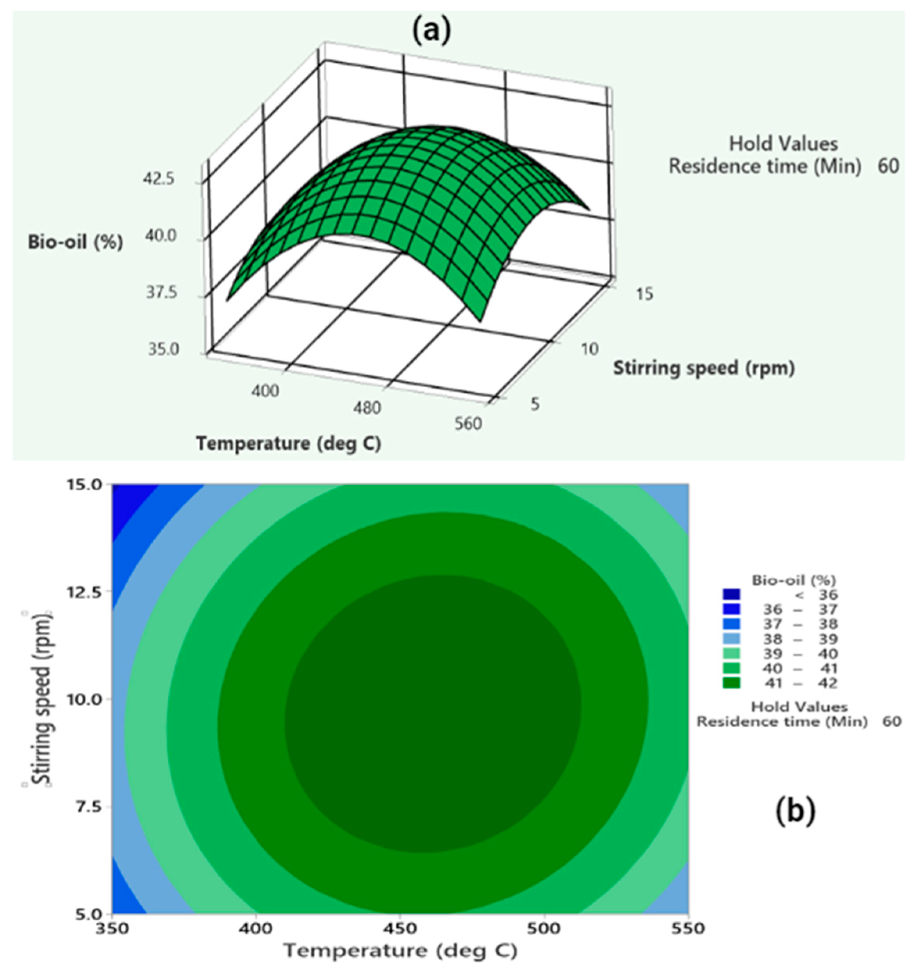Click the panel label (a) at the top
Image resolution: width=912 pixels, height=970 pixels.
point(432,30)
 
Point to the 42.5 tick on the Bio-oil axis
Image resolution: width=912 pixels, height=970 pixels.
point(159,179)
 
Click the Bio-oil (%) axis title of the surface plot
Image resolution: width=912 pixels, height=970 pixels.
point(76,243)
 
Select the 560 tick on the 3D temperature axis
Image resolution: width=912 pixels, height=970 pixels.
point(468,423)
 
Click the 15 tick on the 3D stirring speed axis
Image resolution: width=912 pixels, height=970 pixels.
point(644,294)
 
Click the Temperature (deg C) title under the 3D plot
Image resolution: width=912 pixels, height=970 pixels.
point(288,443)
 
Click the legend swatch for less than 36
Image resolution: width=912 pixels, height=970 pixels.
point(732,594)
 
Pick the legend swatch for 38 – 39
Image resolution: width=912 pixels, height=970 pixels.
point(732,639)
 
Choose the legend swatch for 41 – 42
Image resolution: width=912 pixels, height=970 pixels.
point(732,682)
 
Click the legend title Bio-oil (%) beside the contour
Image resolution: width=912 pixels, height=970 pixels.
point(794,580)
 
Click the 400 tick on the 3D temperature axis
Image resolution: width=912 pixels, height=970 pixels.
point(266,390)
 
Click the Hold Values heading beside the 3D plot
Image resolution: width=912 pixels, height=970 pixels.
point(783,144)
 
